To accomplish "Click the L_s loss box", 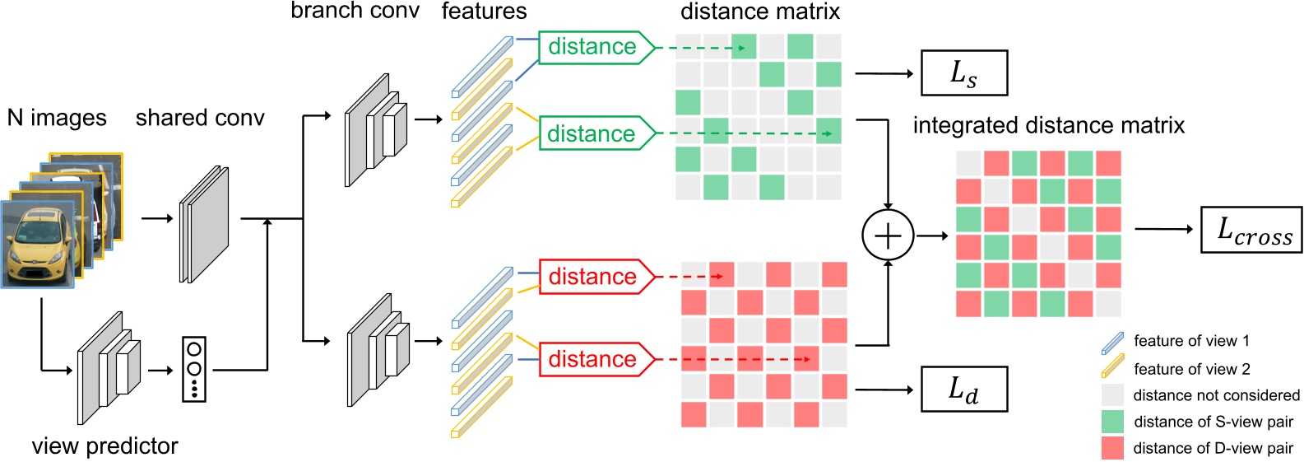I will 963,73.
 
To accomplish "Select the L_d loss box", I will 963,389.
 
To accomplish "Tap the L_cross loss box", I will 1251,230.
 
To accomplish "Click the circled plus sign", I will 888,236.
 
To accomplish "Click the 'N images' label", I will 57,118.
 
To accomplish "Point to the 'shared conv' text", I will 200,118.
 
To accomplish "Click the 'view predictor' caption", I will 104,446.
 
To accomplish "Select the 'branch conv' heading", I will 355,11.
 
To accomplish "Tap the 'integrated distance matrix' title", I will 1048,125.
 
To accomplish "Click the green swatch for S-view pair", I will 1112,422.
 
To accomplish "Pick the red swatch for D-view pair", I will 1112,448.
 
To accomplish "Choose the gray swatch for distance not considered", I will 1112,395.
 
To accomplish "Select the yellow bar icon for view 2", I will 1112,366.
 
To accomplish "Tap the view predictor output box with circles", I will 194,369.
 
